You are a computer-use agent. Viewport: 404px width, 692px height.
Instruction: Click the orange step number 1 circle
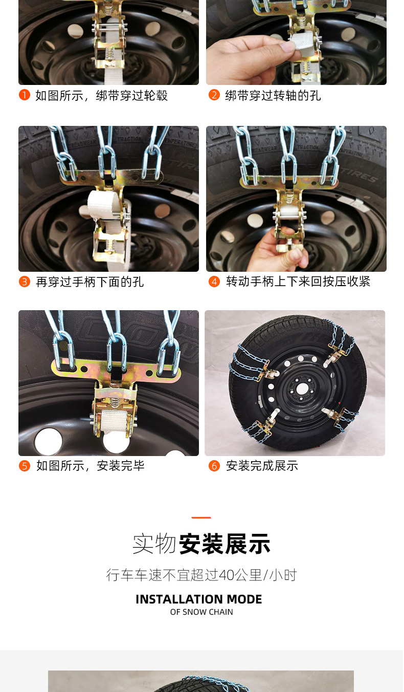[x=25, y=95]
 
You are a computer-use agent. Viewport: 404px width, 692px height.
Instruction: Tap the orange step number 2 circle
[x=214, y=95]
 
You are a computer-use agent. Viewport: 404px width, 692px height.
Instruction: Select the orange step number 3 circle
[x=25, y=282]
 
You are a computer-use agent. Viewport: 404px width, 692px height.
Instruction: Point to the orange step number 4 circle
[x=214, y=282]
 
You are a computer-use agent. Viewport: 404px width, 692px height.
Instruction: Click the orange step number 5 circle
[x=25, y=466]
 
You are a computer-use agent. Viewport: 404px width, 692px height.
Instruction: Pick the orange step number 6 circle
[x=214, y=466]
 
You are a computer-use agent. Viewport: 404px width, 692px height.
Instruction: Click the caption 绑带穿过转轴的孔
[x=273, y=96]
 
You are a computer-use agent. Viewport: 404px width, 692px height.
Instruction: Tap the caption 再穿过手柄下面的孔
[x=90, y=282]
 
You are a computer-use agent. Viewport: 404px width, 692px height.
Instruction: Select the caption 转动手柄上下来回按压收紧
[x=298, y=282]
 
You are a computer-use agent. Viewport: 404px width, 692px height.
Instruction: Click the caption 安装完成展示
[x=262, y=466]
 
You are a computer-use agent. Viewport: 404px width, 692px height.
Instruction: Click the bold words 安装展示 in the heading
[x=225, y=544]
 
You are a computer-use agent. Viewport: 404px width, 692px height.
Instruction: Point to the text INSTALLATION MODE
[x=199, y=599]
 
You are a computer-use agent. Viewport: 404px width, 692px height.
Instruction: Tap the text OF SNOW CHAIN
[x=201, y=612]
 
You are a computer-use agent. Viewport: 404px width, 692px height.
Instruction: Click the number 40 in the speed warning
[x=226, y=575]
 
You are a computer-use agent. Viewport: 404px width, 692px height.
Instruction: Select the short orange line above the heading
[x=201, y=517]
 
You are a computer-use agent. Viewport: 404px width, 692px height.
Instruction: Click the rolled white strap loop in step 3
[x=104, y=204]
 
